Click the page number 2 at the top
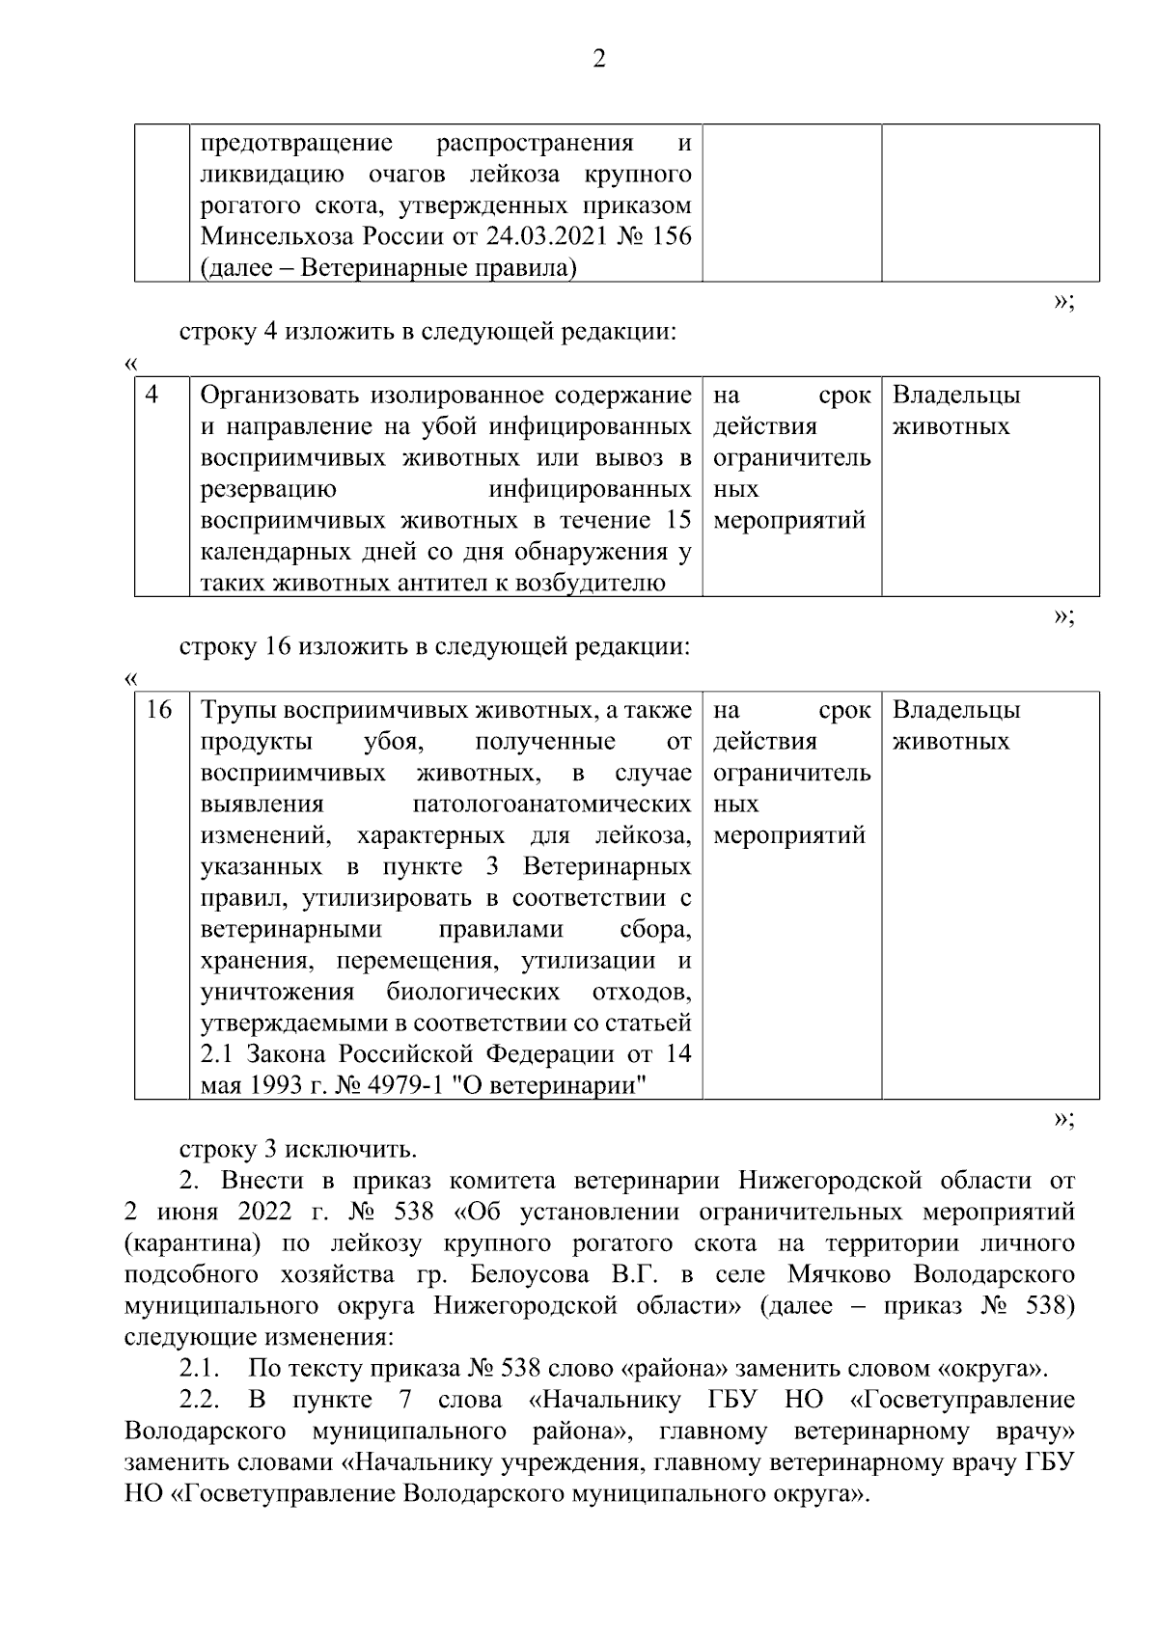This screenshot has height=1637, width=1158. click(597, 60)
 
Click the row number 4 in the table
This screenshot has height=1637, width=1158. click(152, 395)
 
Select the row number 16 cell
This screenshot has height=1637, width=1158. click(158, 710)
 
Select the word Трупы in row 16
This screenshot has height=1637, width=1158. click(238, 710)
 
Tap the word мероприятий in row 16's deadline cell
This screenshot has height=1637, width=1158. click(789, 835)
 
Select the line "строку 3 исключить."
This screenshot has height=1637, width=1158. click(297, 1149)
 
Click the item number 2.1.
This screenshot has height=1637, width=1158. click(201, 1368)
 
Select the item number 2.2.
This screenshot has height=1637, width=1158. click(201, 1400)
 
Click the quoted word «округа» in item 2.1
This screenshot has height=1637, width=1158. click(991, 1368)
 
